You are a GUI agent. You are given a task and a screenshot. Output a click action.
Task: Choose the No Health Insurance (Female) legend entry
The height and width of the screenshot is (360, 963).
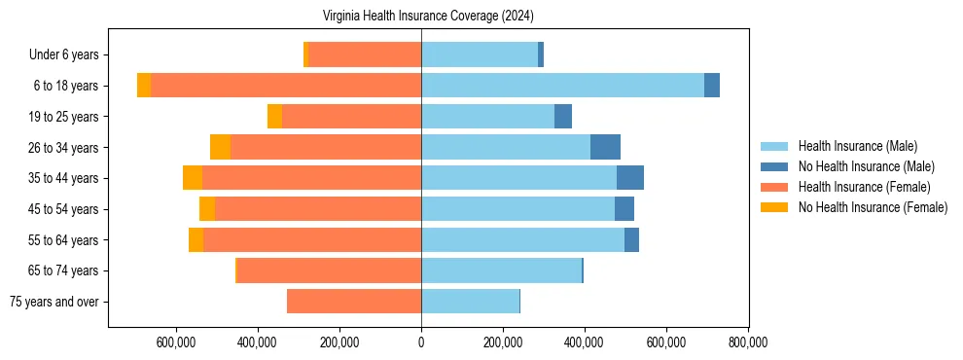coord(872,207)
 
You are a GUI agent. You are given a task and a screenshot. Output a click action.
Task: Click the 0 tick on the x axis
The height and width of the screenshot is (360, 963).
coord(421,342)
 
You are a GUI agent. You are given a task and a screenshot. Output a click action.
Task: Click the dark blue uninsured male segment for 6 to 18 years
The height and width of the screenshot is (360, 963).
coord(712,86)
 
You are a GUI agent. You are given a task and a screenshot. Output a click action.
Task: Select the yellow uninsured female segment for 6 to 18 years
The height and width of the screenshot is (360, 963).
coord(144,86)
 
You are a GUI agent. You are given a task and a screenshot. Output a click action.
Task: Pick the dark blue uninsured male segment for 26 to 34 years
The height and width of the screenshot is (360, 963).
coord(605,147)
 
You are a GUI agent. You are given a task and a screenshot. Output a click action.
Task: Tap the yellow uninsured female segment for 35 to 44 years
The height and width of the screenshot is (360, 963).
coord(193,178)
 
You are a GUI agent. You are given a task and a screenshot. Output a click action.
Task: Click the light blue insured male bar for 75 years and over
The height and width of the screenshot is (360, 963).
coord(470,302)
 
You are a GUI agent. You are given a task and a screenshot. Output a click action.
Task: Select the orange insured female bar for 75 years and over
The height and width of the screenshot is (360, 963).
coord(354,302)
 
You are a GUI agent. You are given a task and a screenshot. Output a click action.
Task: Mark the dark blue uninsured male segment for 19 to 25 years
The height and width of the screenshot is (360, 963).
coord(563,117)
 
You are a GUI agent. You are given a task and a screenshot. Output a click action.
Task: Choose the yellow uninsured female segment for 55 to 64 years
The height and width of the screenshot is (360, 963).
coord(196,239)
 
